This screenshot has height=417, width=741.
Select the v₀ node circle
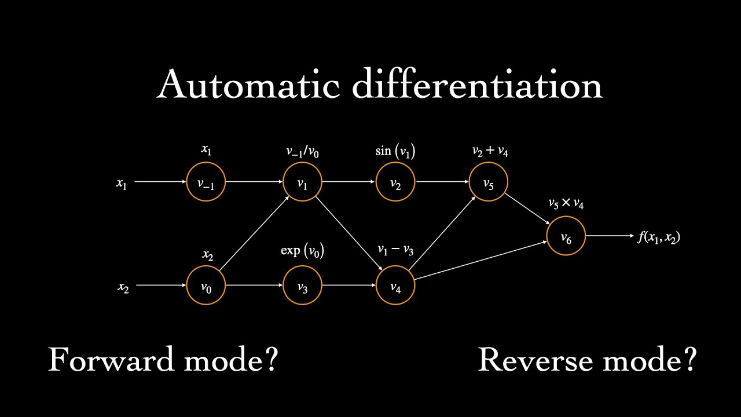pos(206,286)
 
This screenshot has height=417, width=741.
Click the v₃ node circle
pos(302,286)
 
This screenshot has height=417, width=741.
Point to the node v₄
pos(395,286)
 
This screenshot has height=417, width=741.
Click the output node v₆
pos(566,236)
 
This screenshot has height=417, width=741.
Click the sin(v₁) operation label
pos(395,152)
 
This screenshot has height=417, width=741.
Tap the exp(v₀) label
pos(302,251)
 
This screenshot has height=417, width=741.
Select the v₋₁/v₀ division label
pos(302,152)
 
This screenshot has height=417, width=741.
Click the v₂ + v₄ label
pos(490,152)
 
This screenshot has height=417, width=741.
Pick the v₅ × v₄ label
pos(566,204)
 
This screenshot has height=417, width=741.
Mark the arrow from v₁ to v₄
pos(349,234)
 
